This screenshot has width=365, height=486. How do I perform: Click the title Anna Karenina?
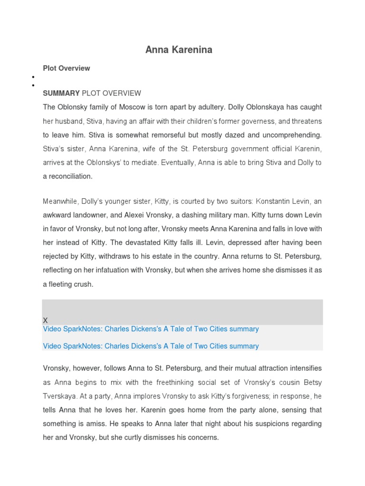[x=179, y=50]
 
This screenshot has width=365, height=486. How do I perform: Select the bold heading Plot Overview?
[x=66, y=68]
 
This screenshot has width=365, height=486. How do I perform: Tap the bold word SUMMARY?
[x=61, y=93]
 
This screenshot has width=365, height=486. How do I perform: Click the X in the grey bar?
[x=46, y=320]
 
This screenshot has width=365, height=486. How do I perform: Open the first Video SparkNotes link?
[x=151, y=329]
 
